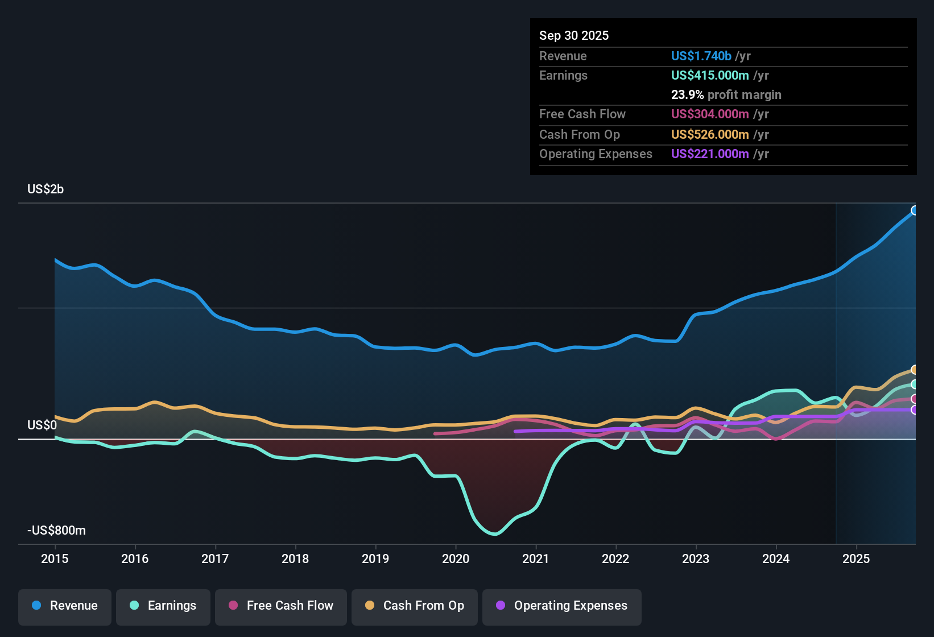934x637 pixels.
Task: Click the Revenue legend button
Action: [x=65, y=606]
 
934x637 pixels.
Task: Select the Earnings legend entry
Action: [x=163, y=606]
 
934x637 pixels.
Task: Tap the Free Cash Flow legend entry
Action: [x=281, y=606]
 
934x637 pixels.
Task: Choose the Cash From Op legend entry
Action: [x=415, y=606]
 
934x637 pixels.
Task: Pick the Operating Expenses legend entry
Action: [x=562, y=606]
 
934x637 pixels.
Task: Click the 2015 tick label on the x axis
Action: [x=55, y=559]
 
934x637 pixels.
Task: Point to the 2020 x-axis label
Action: [x=456, y=559]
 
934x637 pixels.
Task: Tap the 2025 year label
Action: [x=856, y=559]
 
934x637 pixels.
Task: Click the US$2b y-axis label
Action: [x=46, y=189]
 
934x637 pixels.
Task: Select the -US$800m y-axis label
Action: [x=56, y=531]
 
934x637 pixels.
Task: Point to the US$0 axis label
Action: [x=42, y=425]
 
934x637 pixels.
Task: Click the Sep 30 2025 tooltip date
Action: [x=574, y=36]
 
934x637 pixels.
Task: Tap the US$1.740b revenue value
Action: [x=701, y=56]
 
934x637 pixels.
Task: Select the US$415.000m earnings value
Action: [x=710, y=76]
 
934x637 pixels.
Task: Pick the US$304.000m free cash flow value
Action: [x=710, y=114]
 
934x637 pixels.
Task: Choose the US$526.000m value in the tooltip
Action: [x=710, y=135]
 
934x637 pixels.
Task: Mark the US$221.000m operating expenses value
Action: [x=710, y=154]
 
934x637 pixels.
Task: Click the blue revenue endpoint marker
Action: [x=915, y=210]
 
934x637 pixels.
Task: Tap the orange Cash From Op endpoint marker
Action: [x=915, y=370]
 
